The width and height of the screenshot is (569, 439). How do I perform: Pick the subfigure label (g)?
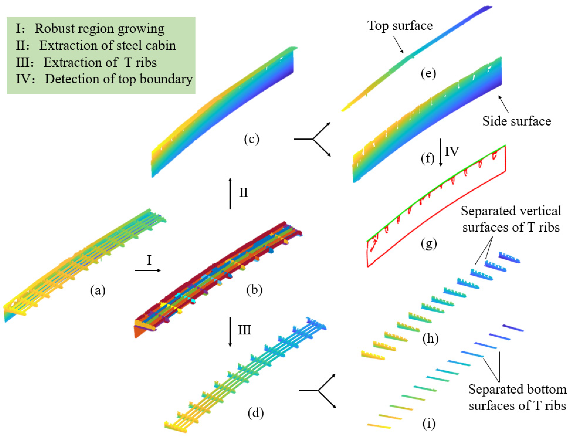pos(429,243)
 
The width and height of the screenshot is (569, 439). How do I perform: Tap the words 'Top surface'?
pos(400,26)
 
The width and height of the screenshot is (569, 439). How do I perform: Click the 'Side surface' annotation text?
pos(516,121)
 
